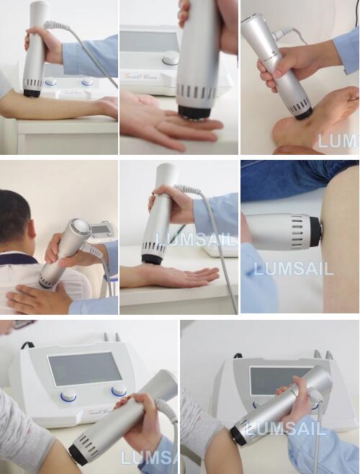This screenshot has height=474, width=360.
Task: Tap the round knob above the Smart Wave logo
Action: click(x=171, y=58)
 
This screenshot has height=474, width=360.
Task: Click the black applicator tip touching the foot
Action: click(x=303, y=112)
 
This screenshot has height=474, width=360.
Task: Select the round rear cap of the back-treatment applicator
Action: click(x=79, y=228)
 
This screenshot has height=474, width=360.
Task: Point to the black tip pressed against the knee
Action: click(x=315, y=231)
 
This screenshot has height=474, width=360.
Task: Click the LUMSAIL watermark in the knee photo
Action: click(x=293, y=269)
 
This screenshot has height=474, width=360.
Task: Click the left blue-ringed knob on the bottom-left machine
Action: click(x=68, y=395)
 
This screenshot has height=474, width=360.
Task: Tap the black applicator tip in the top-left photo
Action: click(x=32, y=92)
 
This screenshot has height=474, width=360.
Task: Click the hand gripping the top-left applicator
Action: click(x=43, y=43)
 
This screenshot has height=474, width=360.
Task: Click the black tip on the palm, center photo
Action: click(x=151, y=259)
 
